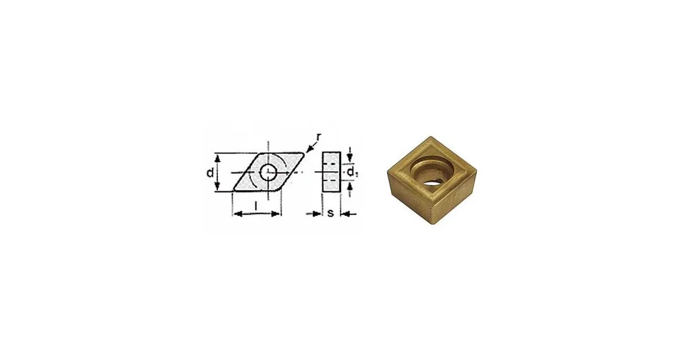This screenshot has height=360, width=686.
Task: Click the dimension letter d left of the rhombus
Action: point(210,173)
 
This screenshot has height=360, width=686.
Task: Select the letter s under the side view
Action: point(331,213)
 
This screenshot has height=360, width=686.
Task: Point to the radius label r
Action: point(319,138)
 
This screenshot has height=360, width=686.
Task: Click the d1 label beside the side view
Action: point(352,172)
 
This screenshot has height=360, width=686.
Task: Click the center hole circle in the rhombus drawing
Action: point(268,172)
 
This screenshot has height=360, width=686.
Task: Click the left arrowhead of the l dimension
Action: point(236,214)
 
